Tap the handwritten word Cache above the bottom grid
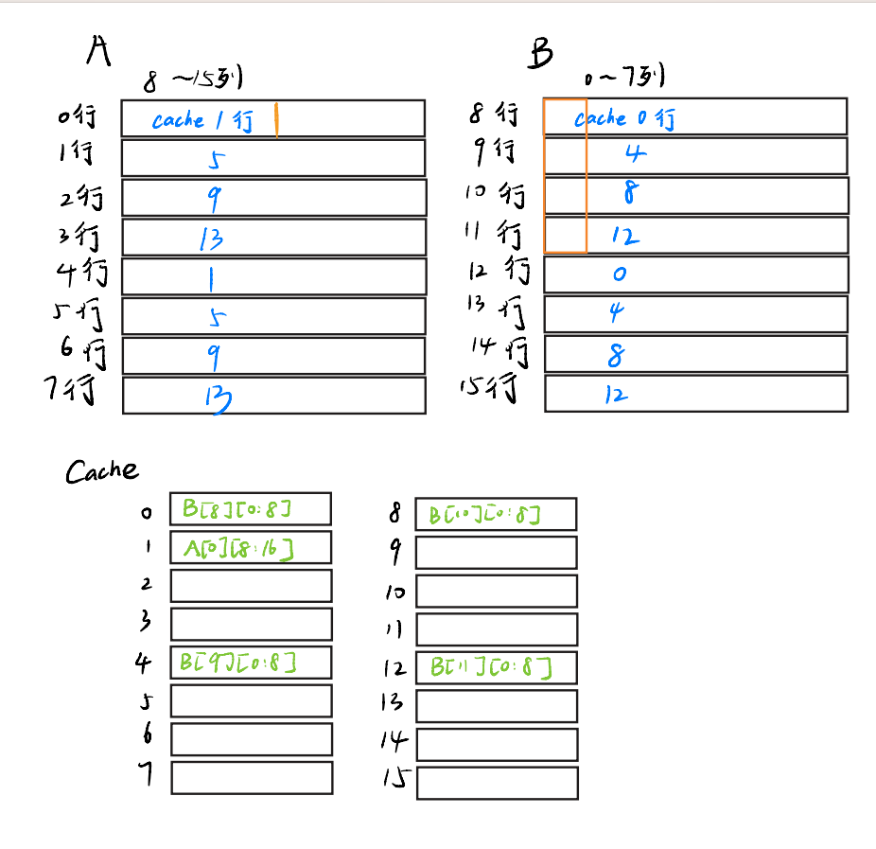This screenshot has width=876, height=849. pos(101,470)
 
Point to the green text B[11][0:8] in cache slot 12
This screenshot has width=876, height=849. pos(490,667)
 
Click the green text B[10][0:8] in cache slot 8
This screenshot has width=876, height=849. pos(484,515)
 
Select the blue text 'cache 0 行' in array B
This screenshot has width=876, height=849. pos(624,118)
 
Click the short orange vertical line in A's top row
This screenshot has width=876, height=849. pos(276,120)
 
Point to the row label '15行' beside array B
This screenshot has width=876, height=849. pos(491,388)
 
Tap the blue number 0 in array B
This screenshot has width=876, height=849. pos(620,274)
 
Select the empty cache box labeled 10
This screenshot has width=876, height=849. pos(497,592)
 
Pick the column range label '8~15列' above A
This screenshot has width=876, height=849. pos(194,80)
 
